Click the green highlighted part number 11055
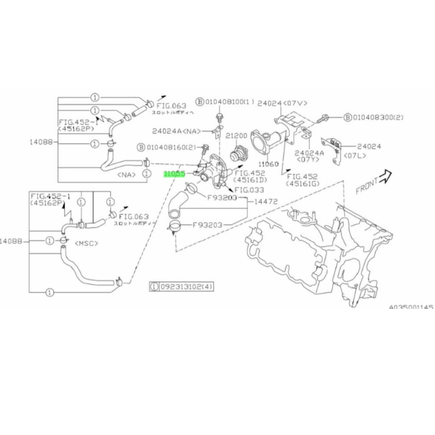coord(175,174)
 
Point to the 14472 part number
coord(266,202)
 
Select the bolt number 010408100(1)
coord(230,102)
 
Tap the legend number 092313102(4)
coord(186,287)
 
